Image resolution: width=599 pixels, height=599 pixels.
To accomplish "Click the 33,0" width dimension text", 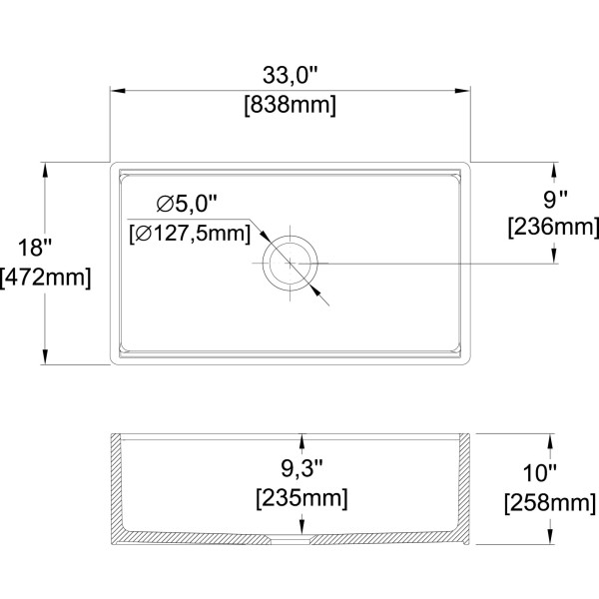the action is [x=290, y=75].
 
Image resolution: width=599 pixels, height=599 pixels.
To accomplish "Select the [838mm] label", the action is [x=290, y=105].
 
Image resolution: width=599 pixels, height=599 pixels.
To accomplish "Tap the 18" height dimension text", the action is [x=34, y=247].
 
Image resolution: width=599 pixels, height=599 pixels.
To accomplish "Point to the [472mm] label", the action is [x=46, y=277].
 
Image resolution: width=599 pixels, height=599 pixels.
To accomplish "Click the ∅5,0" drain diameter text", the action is [x=187, y=204].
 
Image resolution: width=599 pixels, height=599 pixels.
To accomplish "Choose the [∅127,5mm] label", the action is [x=190, y=233].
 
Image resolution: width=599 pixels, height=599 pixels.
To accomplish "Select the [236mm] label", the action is [x=553, y=227].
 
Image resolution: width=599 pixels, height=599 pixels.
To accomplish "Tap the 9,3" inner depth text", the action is [x=301, y=468].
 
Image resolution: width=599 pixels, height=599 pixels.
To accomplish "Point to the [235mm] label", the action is [x=301, y=498].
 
